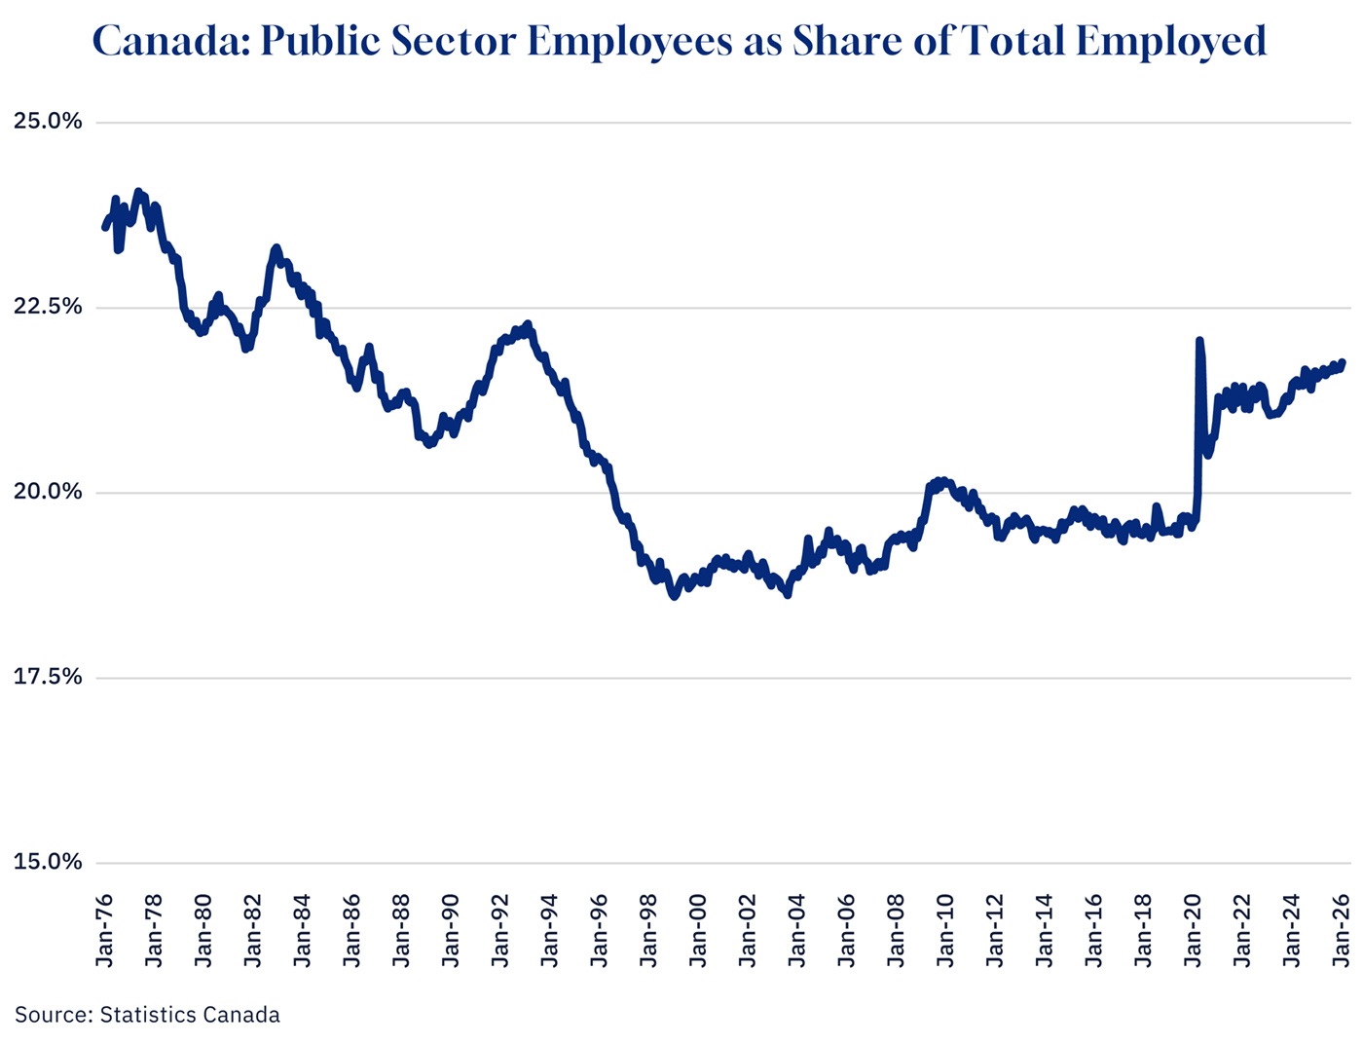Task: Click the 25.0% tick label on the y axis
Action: point(48,122)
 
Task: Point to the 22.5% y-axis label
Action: point(48,307)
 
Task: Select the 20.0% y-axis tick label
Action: point(48,492)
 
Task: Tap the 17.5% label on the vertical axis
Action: point(48,677)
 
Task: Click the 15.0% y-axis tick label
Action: point(48,862)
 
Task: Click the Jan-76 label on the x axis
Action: point(105,930)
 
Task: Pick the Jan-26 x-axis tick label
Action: point(1342,930)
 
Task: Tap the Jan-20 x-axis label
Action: point(1194,930)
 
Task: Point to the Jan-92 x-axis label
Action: point(500,930)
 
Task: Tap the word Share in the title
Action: point(839,41)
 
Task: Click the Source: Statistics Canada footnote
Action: point(147,1015)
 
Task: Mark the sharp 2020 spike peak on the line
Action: point(1199,341)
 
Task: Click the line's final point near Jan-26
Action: point(1343,362)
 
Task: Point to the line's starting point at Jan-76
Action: point(104,228)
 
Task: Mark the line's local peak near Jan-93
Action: point(528,323)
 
